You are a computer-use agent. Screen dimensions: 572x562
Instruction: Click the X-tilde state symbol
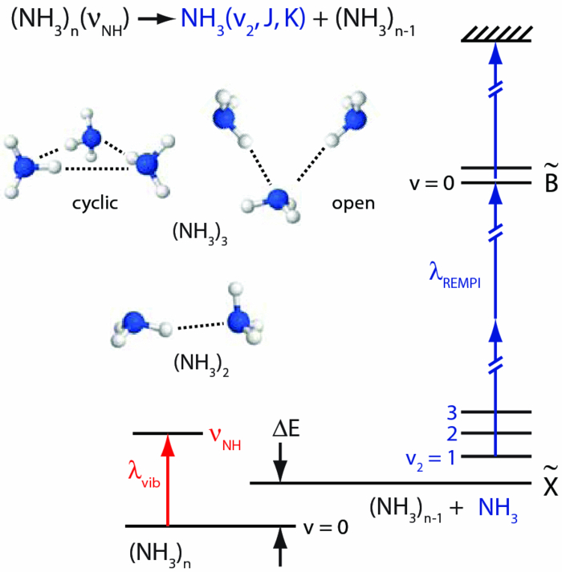(x=551, y=484)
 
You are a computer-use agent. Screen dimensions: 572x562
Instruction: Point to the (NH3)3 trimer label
(x=197, y=237)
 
